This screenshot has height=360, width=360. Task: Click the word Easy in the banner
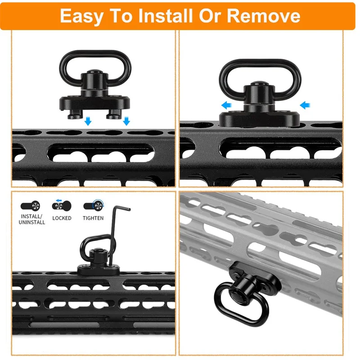(x=81, y=16)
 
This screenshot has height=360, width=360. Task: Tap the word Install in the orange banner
(x=165, y=16)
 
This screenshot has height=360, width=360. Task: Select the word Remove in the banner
(x=263, y=16)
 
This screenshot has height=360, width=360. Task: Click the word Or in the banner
(x=210, y=16)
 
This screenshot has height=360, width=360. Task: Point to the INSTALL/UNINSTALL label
(x=31, y=219)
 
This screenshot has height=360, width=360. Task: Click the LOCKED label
(x=62, y=218)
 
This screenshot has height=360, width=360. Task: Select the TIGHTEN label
(x=93, y=218)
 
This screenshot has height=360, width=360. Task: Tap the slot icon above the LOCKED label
(x=62, y=205)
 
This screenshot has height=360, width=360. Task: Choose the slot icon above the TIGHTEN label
(x=94, y=206)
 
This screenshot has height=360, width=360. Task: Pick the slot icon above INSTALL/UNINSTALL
(x=30, y=206)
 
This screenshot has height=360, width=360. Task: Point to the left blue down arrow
(x=88, y=121)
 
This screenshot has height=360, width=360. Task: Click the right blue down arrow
(x=126, y=121)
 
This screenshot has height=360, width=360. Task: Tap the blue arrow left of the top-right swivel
(x=226, y=105)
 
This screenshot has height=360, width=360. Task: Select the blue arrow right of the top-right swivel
(x=305, y=105)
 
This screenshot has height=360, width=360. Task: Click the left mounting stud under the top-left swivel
(x=75, y=114)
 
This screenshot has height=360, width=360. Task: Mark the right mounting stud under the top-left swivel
(x=114, y=114)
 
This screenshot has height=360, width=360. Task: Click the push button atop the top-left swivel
(x=95, y=72)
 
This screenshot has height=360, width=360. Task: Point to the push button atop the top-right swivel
(x=259, y=83)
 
